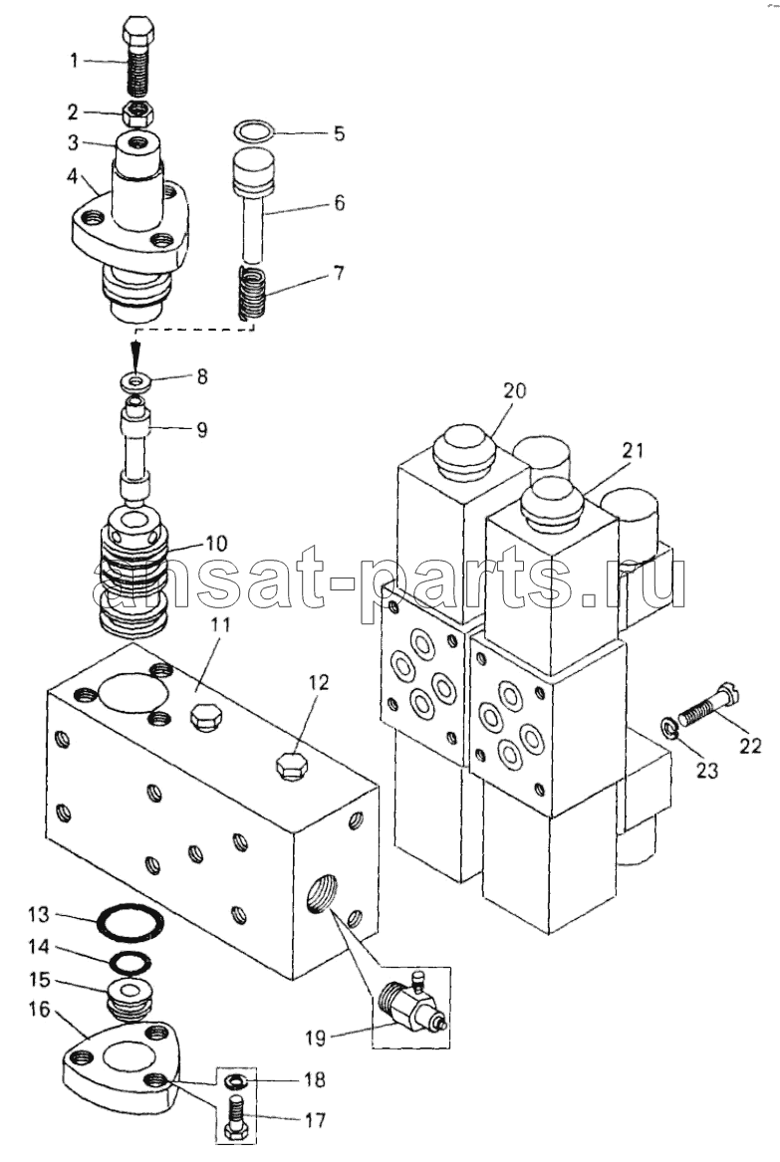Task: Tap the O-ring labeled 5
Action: tap(252, 131)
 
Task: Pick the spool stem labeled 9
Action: tap(136, 448)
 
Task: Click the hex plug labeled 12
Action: tap(291, 766)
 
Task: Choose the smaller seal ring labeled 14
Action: tap(130, 961)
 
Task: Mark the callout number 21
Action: tap(634, 451)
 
